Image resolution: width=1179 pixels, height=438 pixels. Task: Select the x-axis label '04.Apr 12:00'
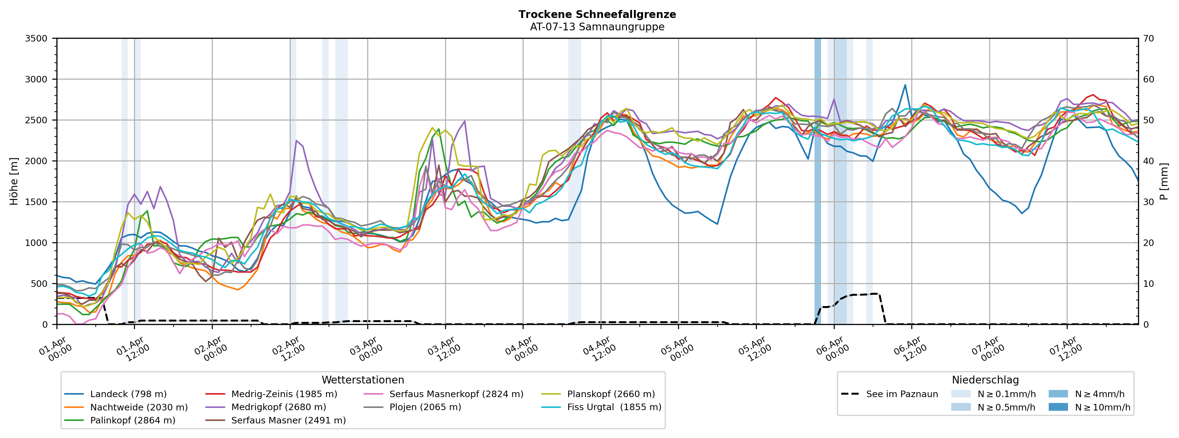coord(598,349)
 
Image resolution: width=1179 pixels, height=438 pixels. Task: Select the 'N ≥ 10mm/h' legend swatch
coord(1058,407)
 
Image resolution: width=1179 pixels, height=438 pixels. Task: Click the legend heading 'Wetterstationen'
coord(363,380)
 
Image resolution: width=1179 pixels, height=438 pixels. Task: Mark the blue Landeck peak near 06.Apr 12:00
coord(905,85)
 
